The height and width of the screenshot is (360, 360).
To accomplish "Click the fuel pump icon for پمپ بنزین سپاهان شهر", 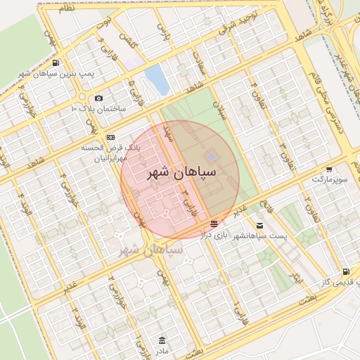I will pyautogui.click(x=56, y=63).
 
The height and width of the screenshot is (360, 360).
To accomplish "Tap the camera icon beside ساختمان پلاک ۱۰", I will pyautogui.click(x=98, y=98).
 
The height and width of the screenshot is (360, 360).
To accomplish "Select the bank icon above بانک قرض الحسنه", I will pyautogui.click(x=110, y=137).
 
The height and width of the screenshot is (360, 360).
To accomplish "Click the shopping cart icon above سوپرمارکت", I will pyautogui.click(x=330, y=169).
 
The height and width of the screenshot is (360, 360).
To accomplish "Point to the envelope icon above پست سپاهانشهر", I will pyautogui.click(x=260, y=226).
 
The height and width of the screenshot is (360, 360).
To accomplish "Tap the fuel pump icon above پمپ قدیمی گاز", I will pyautogui.click(x=345, y=272).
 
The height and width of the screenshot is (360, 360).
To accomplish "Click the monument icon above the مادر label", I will pyautogui.click(x=162, y=340).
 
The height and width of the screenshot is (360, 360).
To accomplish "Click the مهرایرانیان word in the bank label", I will pyautogui.click(x=110, y=160).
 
